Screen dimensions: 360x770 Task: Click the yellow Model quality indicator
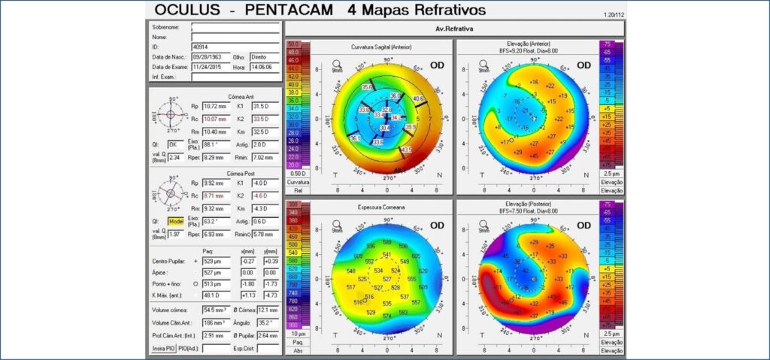pos(176,222)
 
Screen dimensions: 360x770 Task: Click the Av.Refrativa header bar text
pos(454,29)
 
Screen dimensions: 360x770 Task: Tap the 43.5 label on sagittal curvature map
pos(406,150)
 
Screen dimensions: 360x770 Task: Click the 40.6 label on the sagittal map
pos(418,98)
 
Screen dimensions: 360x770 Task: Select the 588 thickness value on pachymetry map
pos(387,242)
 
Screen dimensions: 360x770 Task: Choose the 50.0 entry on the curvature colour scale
pos(293,45)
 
